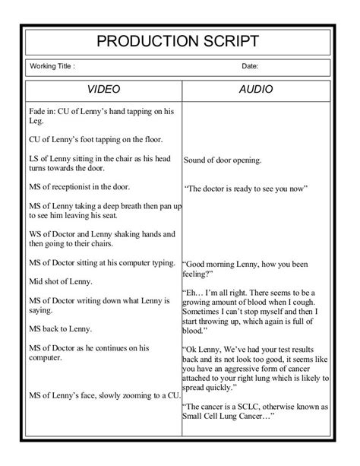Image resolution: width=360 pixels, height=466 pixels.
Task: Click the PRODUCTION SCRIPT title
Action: tap(179, 41)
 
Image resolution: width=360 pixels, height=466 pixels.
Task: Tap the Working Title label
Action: tap(52, 67)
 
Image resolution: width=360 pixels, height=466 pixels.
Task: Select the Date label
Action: tap(251, 67)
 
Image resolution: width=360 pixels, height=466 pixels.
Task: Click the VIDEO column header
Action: tap(103, 90)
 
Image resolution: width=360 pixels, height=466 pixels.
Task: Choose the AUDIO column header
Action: tap(256, 90)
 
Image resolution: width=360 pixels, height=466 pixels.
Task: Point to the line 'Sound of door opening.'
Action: tap(223, 160)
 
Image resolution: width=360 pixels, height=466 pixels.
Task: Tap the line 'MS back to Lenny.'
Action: tap(60, 328)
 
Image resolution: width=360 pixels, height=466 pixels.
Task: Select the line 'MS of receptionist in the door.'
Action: tap(79, 186)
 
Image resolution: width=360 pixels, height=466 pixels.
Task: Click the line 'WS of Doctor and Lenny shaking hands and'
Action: tap(102, 234)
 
